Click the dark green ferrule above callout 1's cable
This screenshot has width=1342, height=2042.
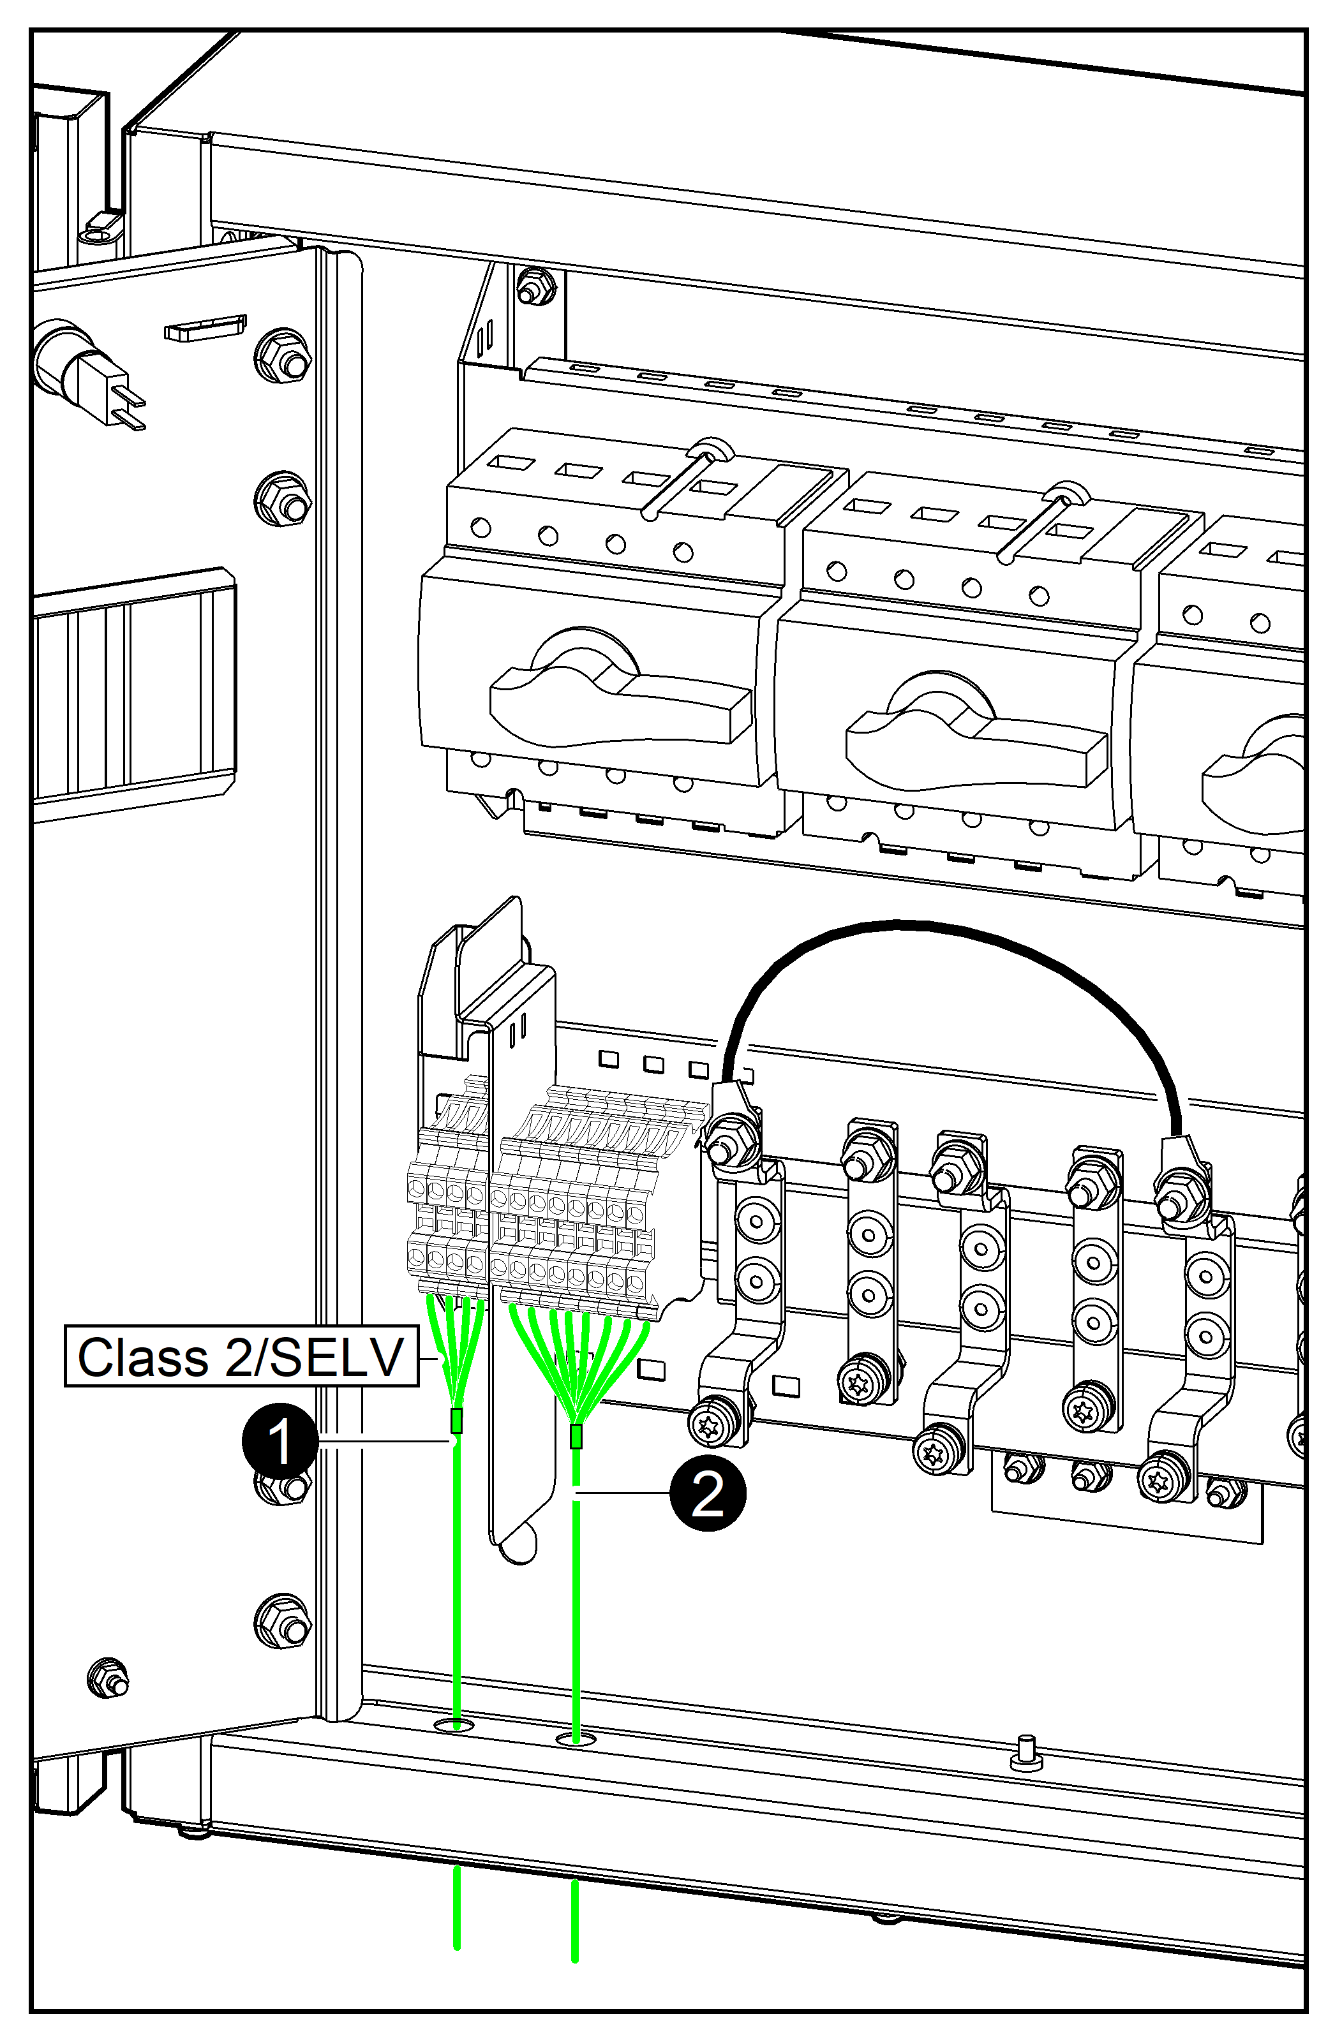click(x=456, y=1421)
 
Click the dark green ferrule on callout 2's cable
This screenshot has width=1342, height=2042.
click(x=576, y=1436)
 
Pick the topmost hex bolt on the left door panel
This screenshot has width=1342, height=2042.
click(x=284, y=355)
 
